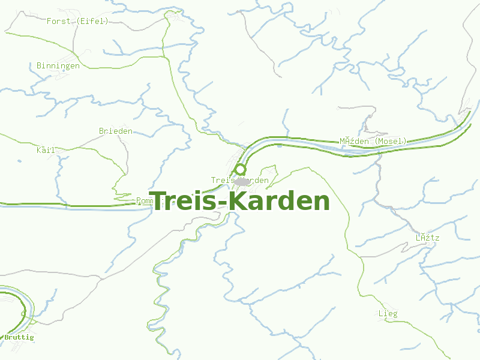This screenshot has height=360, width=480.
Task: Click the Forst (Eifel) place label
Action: [77, 21]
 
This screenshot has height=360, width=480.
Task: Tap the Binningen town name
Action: [58, 66]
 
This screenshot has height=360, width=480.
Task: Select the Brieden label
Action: [116, 131]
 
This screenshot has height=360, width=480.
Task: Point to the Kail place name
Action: [46, 150]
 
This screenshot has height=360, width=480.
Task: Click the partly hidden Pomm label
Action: [145, 200]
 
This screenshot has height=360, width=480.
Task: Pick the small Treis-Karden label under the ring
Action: [240, 181]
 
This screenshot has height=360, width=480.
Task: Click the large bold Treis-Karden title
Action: [240, 202]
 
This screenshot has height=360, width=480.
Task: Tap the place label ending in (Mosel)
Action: [373, 142]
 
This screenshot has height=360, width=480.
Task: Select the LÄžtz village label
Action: [428, 238]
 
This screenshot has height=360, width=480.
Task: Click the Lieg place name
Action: [388, 314]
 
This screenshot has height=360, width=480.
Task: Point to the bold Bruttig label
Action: [19, 338]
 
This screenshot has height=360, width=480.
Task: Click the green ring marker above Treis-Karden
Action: [241, 170]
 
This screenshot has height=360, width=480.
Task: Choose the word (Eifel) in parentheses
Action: [93, 21]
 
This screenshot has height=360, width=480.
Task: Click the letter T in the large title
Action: [159, 202]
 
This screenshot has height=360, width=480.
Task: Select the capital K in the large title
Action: [238, 202]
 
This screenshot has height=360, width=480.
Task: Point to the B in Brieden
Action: [101, 131]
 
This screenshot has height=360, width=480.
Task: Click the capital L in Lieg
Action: [381, 314]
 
